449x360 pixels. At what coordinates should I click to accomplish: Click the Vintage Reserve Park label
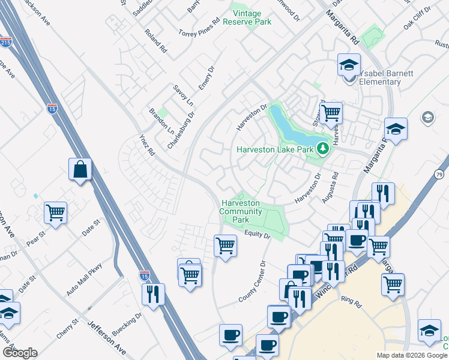pos(247,17)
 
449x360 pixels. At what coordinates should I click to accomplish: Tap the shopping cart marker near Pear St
pos(55,212)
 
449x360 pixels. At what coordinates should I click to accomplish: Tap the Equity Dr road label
pos(259,235)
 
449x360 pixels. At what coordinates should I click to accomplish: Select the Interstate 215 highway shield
pos(5,43)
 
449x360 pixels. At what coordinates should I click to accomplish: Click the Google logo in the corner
pos(20,353)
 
